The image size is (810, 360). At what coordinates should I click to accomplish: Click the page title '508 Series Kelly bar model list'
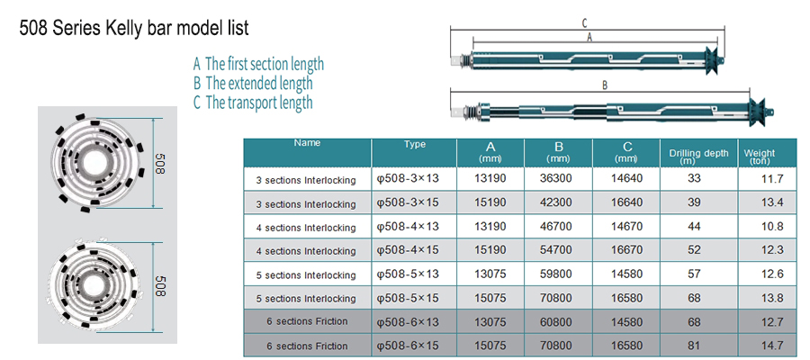click(134, 27)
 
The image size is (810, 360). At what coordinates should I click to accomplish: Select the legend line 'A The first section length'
click(259, 64)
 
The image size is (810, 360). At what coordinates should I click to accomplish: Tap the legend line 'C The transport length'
click(253, 103)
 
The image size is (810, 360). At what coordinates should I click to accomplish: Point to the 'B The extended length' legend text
click(253, 83)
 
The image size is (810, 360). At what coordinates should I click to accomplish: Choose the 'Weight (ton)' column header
click(760, 157)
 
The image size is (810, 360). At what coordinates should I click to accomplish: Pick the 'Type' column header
click(414, 145)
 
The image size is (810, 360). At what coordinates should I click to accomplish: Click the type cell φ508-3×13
click(408, 179)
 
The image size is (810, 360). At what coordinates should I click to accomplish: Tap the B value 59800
click(556, 274)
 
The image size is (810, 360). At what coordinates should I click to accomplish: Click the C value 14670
click(626, 226)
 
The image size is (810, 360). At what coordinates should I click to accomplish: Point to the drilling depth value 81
click(694, 345)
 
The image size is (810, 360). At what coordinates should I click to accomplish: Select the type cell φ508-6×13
click(408, 322)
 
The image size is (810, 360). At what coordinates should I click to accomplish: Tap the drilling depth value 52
click(694, 250)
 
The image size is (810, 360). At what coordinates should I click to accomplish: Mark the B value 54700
click(556, 250)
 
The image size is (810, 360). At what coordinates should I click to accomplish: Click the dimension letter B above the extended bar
click(605, 85)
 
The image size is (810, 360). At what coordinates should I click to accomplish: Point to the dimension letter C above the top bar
click(584, 22)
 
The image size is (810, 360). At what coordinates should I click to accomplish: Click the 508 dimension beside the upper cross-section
click(159, 163)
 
